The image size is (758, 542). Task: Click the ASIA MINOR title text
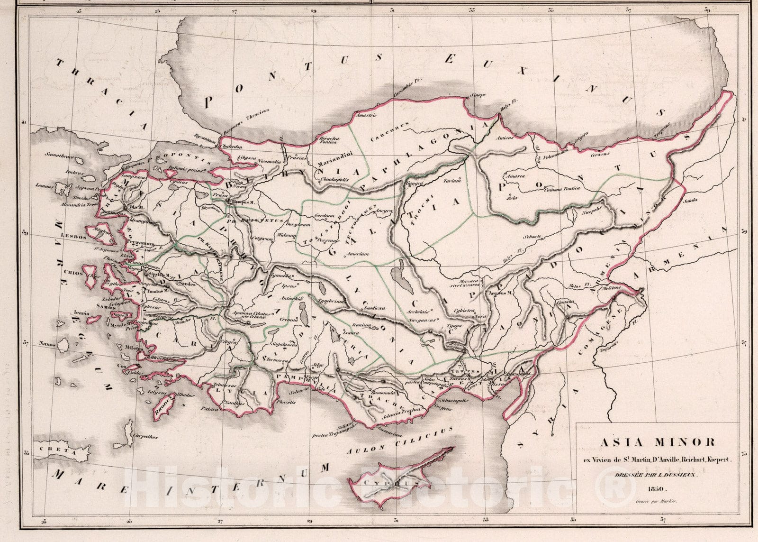coord(658,443)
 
